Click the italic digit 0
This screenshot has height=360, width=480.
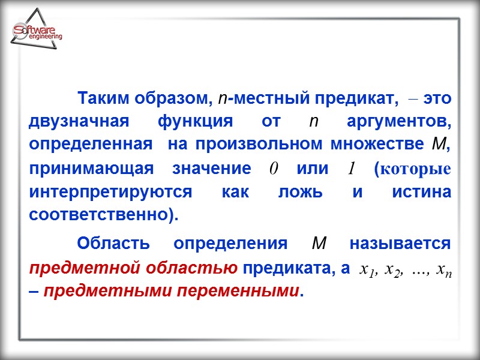273,169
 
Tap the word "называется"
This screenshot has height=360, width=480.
400,244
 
